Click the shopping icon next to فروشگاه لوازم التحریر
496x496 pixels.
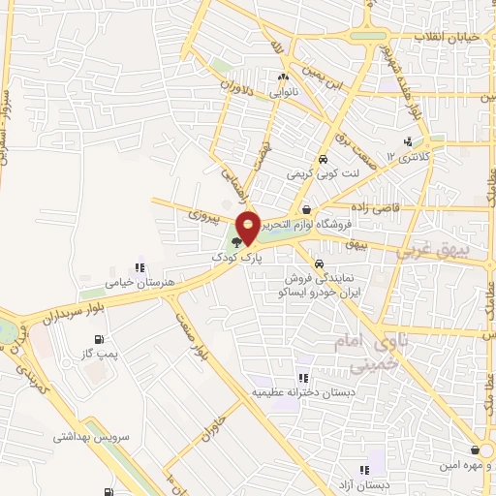(x=307, y=209)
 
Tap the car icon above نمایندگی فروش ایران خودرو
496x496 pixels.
(x=319, y=262)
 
